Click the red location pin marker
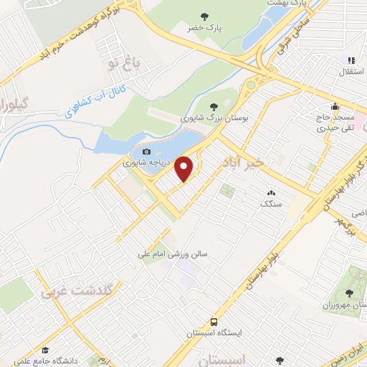pos(186,168)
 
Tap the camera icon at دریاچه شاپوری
pos(147,151)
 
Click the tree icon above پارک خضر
pos(206,16)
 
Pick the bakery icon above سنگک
pos(271,191)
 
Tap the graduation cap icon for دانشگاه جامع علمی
pos(45,351)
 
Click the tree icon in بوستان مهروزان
pos(349,293)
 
